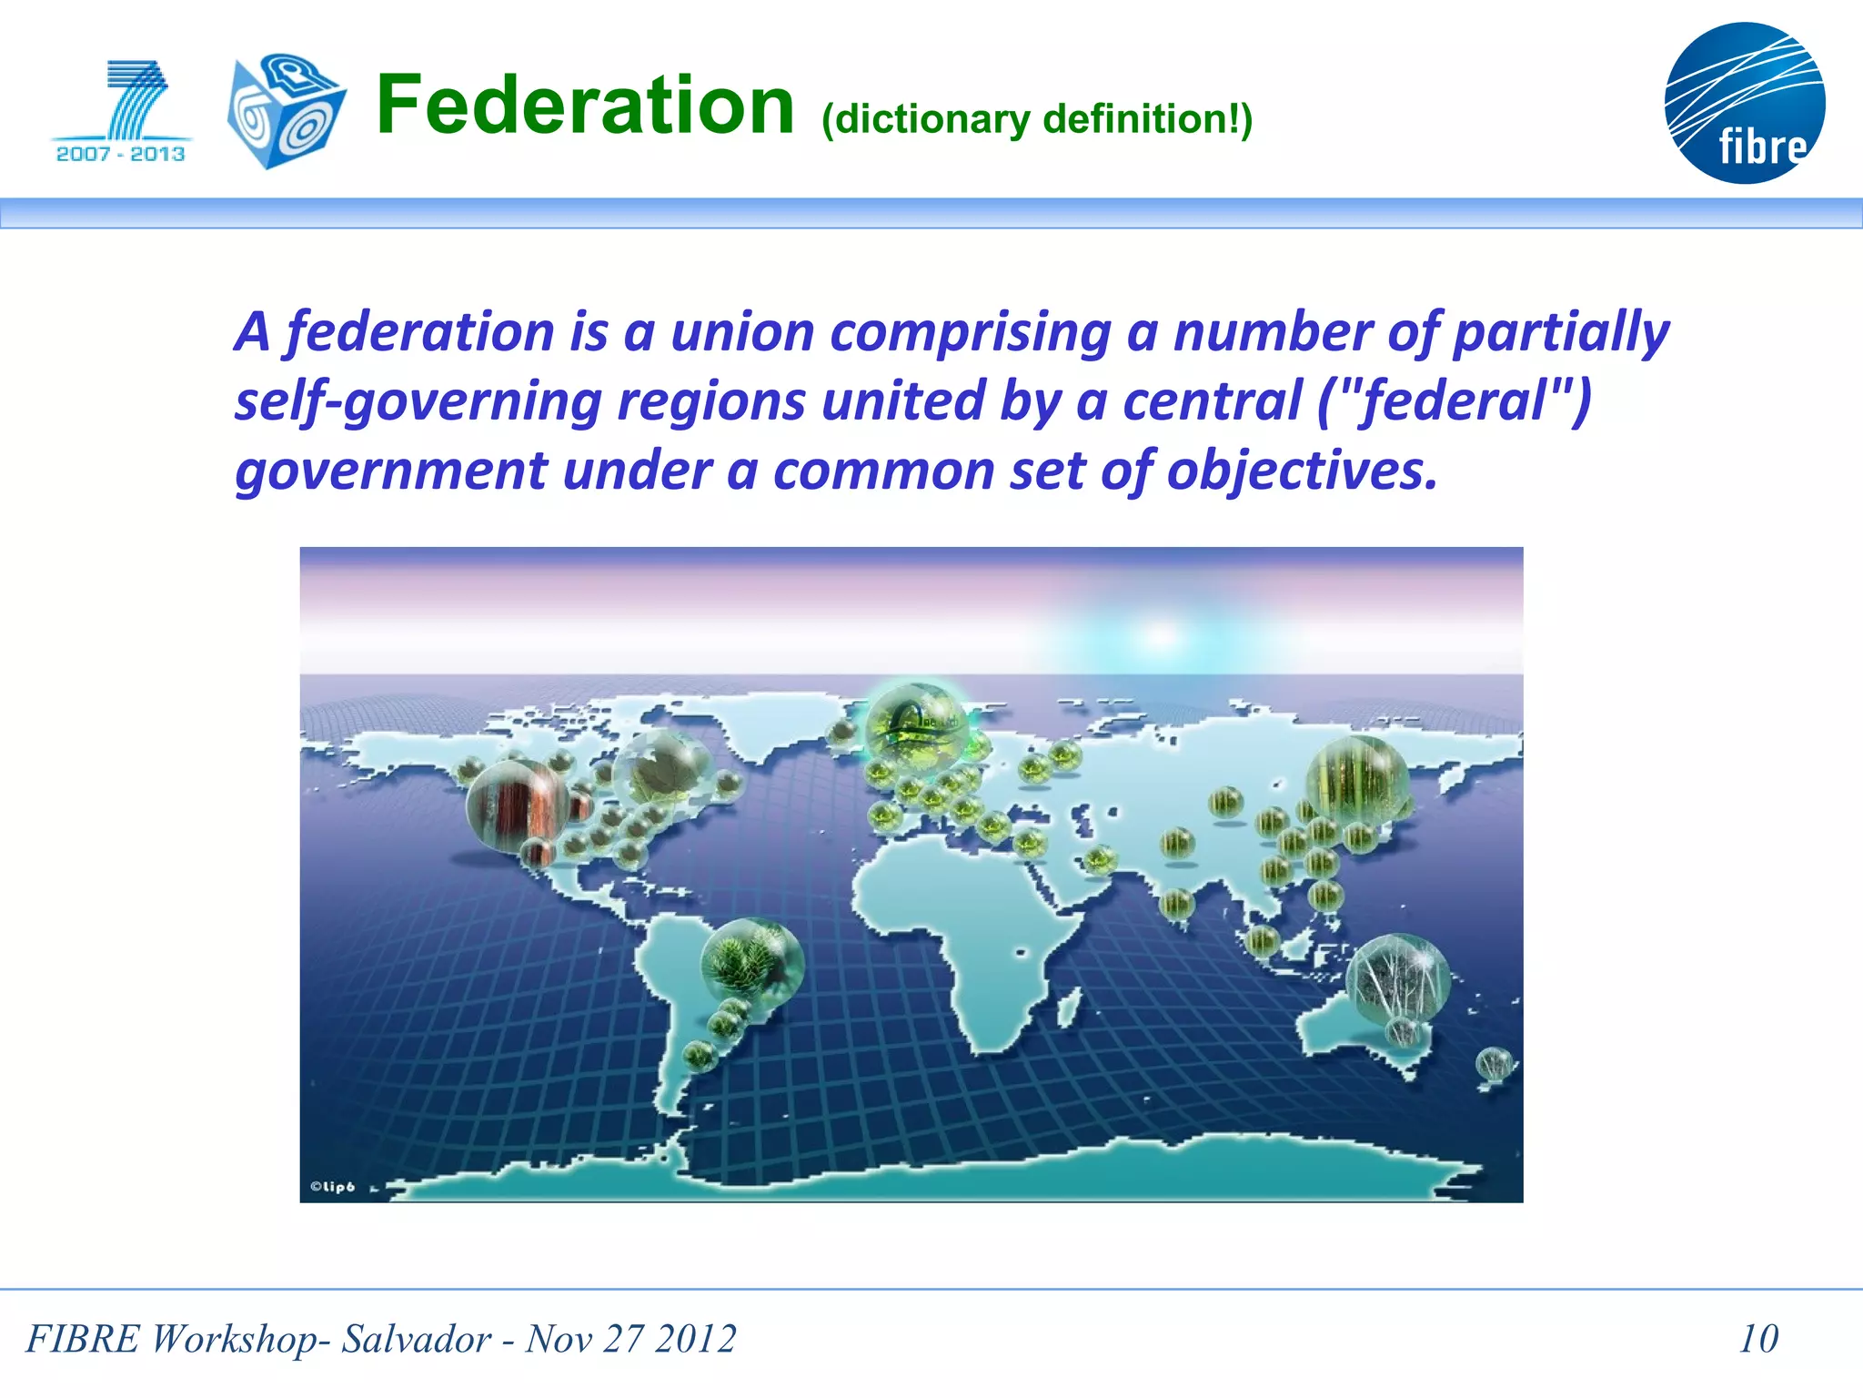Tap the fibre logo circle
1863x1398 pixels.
coord(1744,103)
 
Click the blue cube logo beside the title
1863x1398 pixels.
coord(286,111)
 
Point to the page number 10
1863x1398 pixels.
coord(1757,1339)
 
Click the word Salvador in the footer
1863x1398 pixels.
coord(416,1339)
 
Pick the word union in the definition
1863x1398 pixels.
coord(741,331)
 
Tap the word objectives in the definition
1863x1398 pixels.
coord(1301,471)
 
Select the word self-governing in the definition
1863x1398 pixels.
coord(418,401)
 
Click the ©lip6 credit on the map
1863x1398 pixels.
coord(332,1187)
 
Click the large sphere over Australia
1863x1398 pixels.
coord(1397,978)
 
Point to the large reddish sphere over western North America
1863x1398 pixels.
coord(517,806)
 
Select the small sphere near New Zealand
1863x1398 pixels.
coord(1493,1063)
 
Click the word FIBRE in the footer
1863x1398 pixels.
coord(83,1339)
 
